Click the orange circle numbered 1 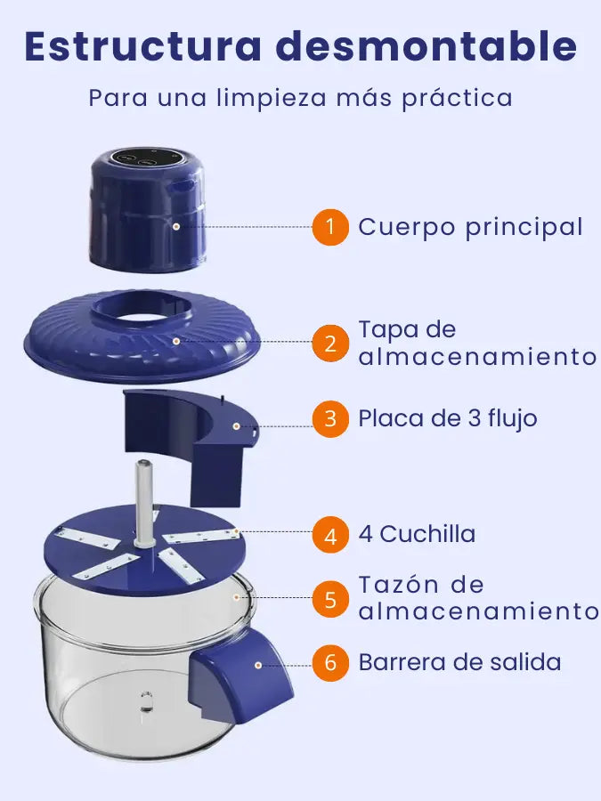pos(330,227)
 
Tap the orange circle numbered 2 pos(330,344)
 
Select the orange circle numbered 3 pos(330,419)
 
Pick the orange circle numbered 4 pos(330,535)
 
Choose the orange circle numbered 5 pos(330,599)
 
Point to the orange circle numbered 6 pos(330,662)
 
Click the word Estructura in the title pos(142,46)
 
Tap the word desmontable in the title pos(426,46)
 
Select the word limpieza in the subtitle pos(272,98)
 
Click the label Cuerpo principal pos(470,228)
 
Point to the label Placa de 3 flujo pos(448,418)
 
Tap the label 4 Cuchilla pos(417,534)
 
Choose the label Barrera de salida pos(460,662)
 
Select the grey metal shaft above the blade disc pos(144,502)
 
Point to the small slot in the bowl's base pos(146,702)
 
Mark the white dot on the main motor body pos(175,226)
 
